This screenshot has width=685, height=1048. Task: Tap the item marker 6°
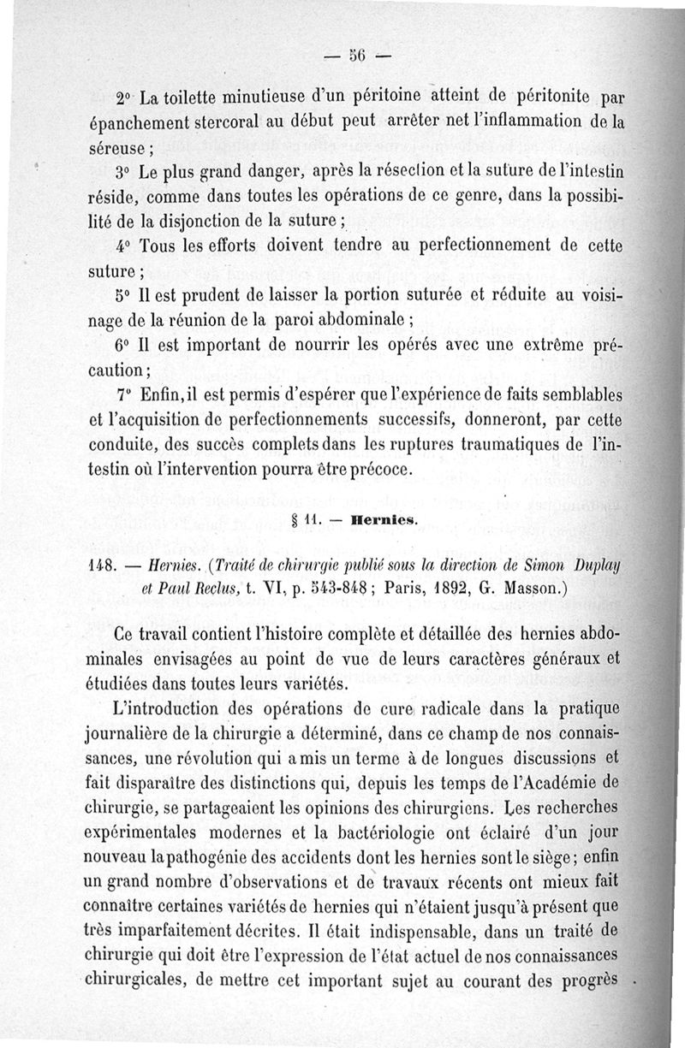click(124, 350)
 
